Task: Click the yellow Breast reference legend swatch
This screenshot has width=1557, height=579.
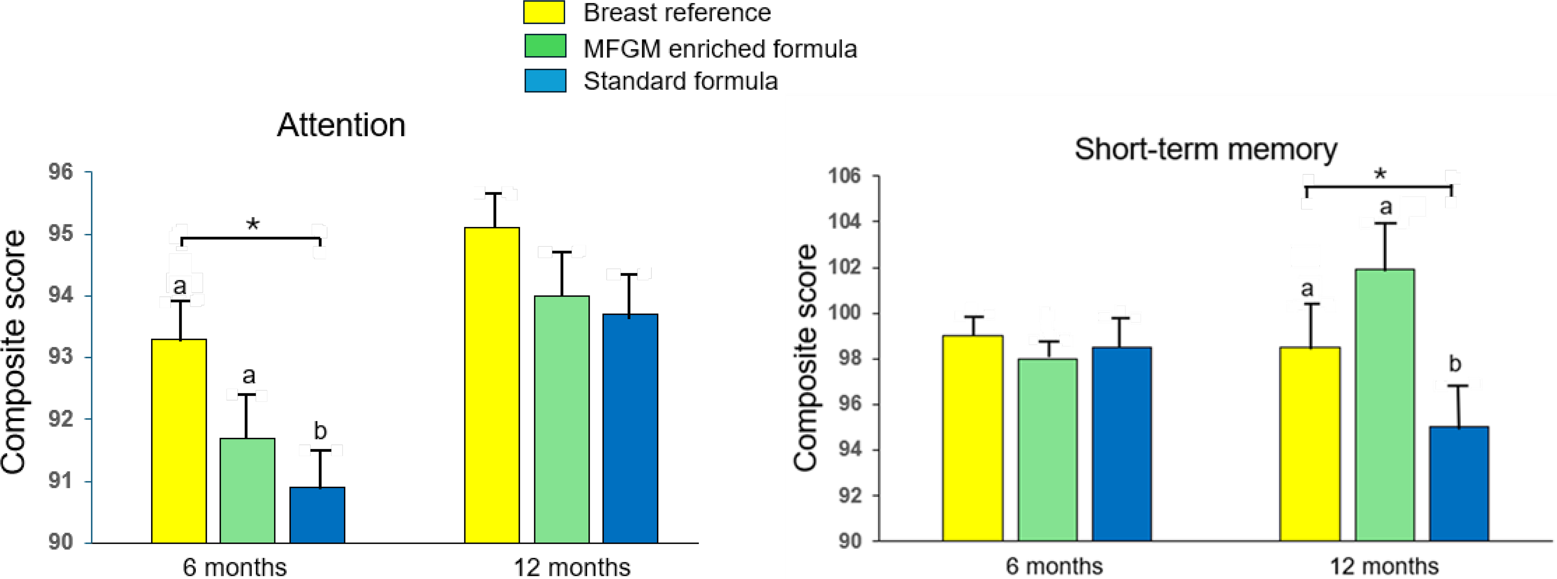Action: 544,12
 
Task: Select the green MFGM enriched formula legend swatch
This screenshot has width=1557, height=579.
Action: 545,46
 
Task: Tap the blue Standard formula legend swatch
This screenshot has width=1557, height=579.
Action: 545,80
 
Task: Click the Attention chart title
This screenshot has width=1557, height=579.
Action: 341,125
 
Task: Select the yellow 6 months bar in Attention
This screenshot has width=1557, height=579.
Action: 179,441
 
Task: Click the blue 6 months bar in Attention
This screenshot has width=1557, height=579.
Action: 318,515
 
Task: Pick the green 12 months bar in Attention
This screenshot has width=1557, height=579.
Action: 561,420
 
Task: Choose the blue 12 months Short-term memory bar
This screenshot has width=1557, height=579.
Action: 1459,484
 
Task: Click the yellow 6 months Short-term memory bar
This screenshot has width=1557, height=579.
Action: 972,438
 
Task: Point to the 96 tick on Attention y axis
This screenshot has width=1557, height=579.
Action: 60,172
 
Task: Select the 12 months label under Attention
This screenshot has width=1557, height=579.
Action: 571,567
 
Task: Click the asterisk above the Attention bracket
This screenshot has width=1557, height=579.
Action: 253,225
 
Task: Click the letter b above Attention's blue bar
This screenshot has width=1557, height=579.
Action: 320,431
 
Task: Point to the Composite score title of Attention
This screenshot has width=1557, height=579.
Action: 13,352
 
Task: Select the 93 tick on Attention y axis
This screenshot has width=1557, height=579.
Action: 60,357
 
